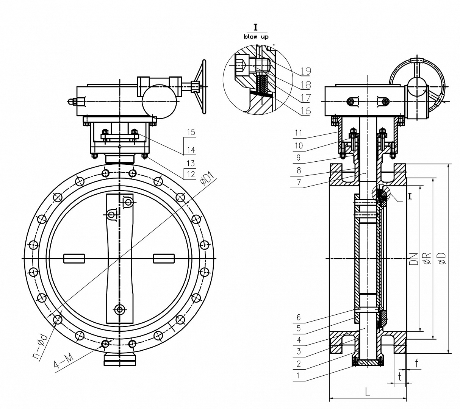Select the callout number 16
306,111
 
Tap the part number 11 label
298,133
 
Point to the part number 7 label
299,183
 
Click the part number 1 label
299,376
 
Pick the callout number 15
191,133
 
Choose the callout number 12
191,174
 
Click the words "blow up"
256,37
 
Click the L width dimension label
368,392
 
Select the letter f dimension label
416,364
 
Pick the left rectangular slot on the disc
74,258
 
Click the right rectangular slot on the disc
164,258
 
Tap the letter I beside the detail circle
410,196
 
